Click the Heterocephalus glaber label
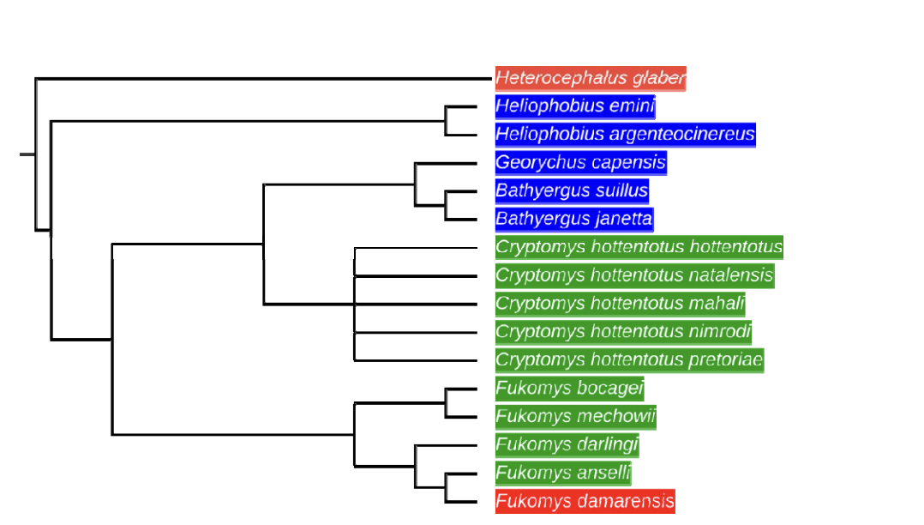[x=591, y=79]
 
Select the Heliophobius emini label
[x=575, y=107]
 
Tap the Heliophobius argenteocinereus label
[x=625, y=135]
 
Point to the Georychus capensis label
[x=580, y=163]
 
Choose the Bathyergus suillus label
[x=572, y=190]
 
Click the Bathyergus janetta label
[x=574, y=219]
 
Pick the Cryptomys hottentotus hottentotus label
[x=639, y=247]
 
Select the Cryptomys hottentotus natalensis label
[x=634, y=275]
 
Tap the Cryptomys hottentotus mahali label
[x=620, y=304]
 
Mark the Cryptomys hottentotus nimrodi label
[x=623, y=332]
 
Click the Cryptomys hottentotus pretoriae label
[x=629, y=359]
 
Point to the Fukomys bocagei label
[x=569, y=388]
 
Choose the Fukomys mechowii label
[x=576, y=417]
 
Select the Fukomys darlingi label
[x=567, y=444]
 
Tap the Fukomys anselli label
[x=563, y=473]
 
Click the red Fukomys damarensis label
[x=585, y=501]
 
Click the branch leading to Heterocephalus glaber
[x=257, y=79]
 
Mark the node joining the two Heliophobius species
[x=446, y=121]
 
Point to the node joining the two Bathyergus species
[x=446, y=205]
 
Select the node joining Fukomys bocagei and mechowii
[x=446, y=402]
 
